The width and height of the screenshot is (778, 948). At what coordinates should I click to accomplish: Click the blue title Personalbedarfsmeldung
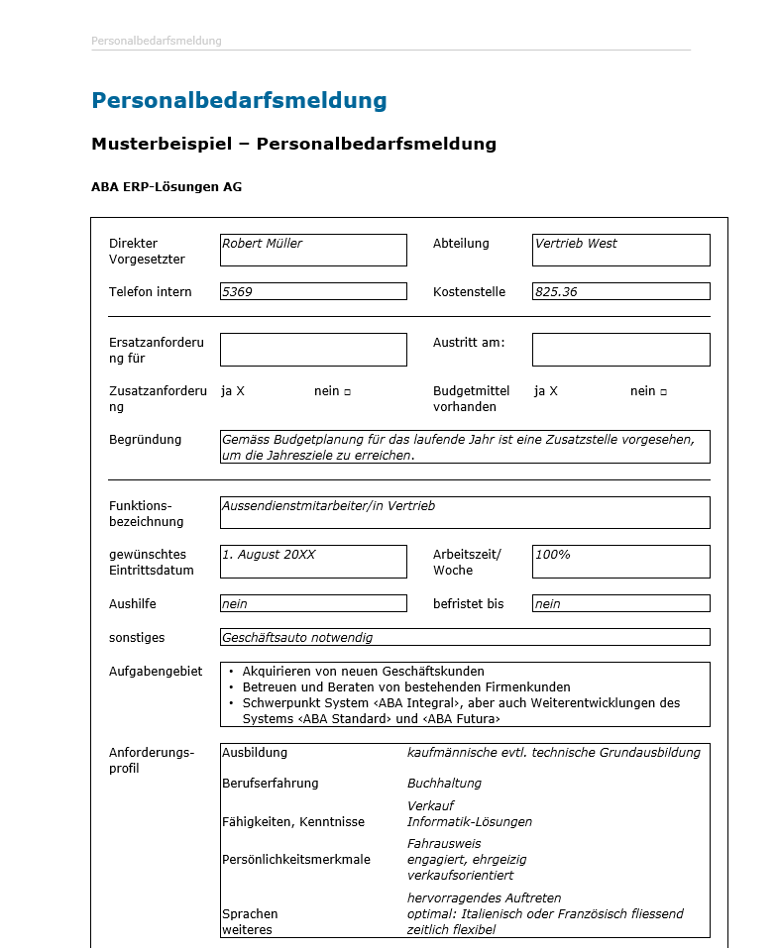239,100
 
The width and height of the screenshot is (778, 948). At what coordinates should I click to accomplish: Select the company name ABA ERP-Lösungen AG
167,187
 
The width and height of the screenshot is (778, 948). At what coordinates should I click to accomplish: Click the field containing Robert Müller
313,250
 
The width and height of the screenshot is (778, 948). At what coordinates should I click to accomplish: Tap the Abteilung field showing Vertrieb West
620,250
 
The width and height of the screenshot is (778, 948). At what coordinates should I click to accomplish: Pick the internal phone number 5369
313,291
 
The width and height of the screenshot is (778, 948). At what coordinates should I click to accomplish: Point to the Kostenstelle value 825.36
620,291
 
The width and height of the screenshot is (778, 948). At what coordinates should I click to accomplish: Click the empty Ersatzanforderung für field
313,350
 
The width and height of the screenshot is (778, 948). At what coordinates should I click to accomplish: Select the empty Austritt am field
620,350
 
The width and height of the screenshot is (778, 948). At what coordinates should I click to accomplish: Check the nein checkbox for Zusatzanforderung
348,392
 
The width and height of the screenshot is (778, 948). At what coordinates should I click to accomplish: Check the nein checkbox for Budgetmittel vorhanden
663,392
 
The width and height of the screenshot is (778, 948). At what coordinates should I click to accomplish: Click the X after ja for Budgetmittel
553,391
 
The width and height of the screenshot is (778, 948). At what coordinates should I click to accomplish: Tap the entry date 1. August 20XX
313,561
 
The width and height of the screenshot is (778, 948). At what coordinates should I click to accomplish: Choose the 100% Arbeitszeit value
620,561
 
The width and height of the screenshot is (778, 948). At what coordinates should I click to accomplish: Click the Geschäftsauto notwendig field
465,637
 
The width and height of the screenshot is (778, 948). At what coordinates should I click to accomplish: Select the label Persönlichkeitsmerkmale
296,859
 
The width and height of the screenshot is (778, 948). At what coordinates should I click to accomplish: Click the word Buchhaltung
444,784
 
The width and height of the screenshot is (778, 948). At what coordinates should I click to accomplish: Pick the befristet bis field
620,603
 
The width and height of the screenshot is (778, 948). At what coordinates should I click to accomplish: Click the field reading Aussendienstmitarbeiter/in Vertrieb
465,512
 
